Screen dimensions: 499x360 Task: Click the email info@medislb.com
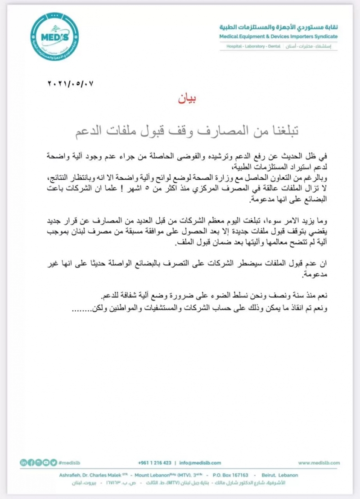pos(200,463)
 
